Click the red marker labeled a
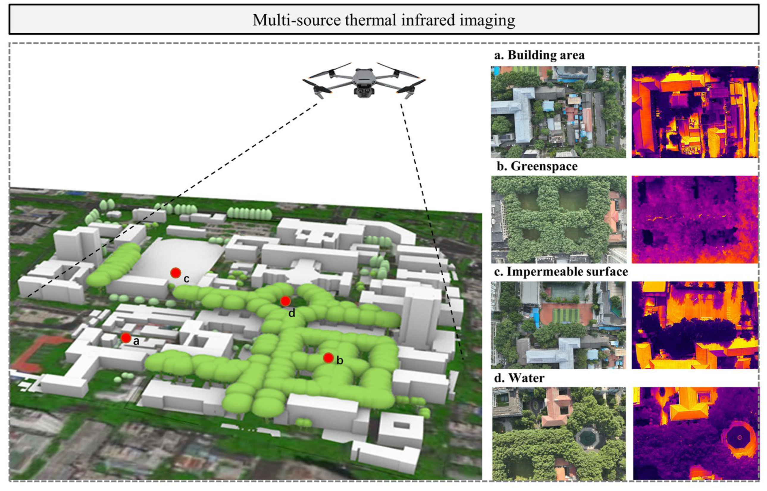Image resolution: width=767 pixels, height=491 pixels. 126,338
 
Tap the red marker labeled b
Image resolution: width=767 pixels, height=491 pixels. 328,358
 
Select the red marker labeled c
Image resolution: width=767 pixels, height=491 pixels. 176,273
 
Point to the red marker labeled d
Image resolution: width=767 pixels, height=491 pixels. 285,301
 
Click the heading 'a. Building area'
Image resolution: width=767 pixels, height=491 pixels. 539,55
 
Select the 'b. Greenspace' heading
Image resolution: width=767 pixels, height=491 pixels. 537,166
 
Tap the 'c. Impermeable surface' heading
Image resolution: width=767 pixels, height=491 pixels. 561,272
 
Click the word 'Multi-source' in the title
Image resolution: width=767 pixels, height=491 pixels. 296,20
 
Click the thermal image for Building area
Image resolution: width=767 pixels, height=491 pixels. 695,112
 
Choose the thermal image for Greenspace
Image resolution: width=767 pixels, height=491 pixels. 695,219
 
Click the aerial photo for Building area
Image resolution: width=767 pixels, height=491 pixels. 558,112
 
